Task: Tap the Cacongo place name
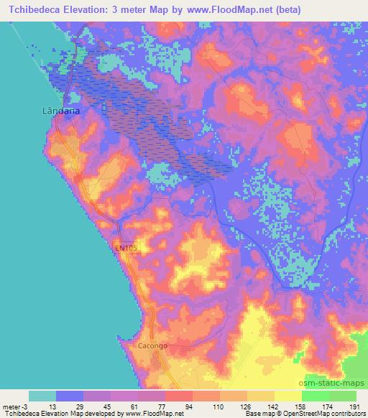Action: click(152, 345)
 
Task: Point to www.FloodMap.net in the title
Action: click(236, 10)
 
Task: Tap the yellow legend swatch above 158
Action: click(287, 396)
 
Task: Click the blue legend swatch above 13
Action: click(70, 396)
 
